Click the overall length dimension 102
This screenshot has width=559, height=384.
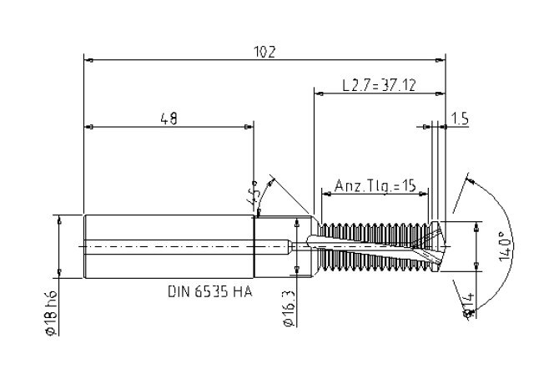click(x=264, y=52)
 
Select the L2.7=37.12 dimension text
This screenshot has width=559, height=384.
click(x=379, y=86)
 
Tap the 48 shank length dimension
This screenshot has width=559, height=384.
click(x=169, y=119)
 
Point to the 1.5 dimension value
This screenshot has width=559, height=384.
click(x=460, y=119)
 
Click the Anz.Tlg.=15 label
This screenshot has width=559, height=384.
click(x=375, y=186)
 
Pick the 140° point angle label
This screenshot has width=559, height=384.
click(x=506, y=246)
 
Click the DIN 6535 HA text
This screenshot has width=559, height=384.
click(x=210, y=292)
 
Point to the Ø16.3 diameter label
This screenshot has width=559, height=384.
click(x=290, y=308)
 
